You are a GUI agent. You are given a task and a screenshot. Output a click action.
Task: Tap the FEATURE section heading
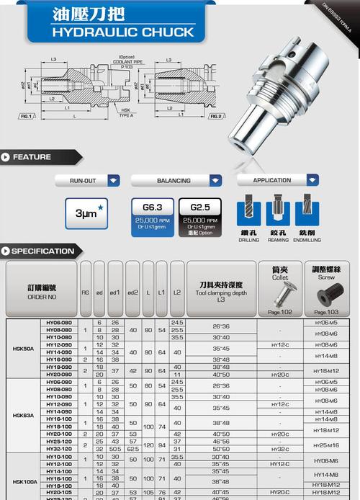[32, 157]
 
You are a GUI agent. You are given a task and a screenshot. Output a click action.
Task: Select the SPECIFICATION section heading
[42, 251]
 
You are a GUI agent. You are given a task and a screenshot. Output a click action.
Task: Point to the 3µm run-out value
[86, 213]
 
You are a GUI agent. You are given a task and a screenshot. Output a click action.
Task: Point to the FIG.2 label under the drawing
[215, 116]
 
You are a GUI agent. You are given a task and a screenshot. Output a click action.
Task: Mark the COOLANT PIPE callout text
[126, 61]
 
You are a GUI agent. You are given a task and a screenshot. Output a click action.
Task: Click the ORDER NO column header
[41, 291]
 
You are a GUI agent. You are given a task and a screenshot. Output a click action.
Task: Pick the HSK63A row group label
[23, 415]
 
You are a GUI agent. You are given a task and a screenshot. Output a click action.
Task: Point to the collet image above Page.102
[280, 294]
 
